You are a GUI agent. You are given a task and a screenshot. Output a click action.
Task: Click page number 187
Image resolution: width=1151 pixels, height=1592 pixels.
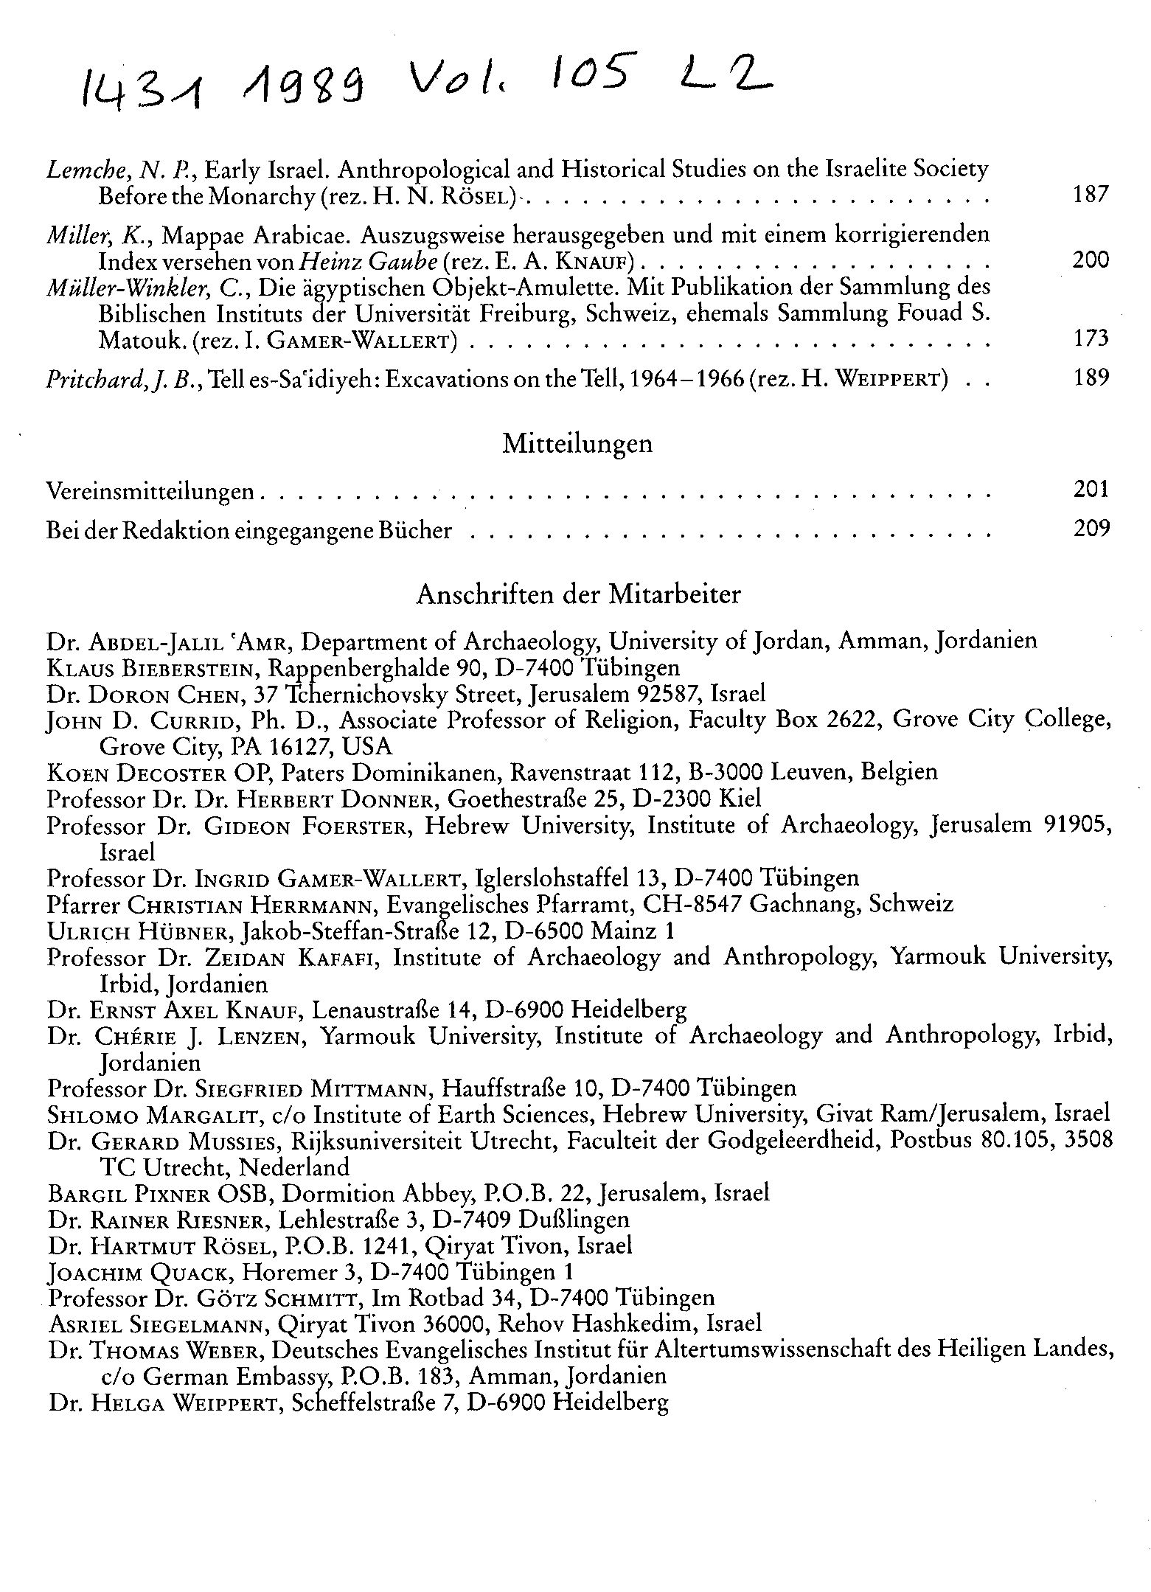coord(1091,195)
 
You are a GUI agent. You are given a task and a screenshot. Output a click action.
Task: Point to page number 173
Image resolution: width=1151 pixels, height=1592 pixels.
coord(1091,338)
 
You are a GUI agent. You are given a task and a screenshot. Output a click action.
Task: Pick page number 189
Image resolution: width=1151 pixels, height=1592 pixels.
coord(1091,378)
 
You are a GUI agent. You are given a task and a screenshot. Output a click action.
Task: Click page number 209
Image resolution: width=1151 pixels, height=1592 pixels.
coord(1091,529)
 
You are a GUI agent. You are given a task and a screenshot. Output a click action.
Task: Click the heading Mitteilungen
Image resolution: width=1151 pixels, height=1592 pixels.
coord(577,444)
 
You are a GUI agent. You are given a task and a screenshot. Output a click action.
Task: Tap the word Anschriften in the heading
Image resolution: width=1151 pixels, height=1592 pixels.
coord(480,594)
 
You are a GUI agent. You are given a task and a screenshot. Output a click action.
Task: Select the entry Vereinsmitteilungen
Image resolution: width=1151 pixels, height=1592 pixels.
coord(150,490)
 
